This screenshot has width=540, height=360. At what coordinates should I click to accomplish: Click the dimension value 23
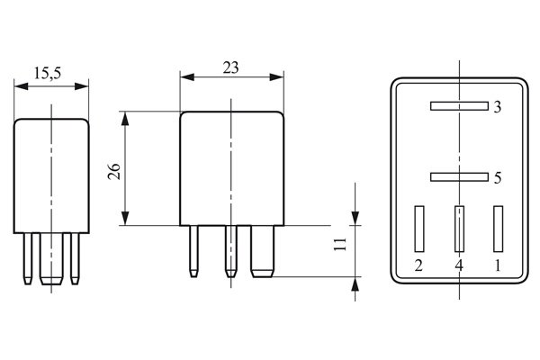[232, 66]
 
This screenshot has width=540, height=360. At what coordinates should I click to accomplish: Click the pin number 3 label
[497, 108]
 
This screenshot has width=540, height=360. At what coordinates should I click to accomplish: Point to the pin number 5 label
[497, 178]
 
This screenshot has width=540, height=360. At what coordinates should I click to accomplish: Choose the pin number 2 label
[418, 266]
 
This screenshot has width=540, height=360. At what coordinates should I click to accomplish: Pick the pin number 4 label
[459, 266]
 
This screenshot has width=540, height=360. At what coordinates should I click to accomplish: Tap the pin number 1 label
[498, 266]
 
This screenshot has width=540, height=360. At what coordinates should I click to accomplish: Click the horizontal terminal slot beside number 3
[459, 106]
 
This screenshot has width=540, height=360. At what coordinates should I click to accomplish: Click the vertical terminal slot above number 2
[418, 229]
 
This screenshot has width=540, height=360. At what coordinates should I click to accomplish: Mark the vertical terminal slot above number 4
[459, 229]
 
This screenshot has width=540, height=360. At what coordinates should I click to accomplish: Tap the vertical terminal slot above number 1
[498, 229]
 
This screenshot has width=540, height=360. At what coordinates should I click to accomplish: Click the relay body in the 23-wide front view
[232, 168]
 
